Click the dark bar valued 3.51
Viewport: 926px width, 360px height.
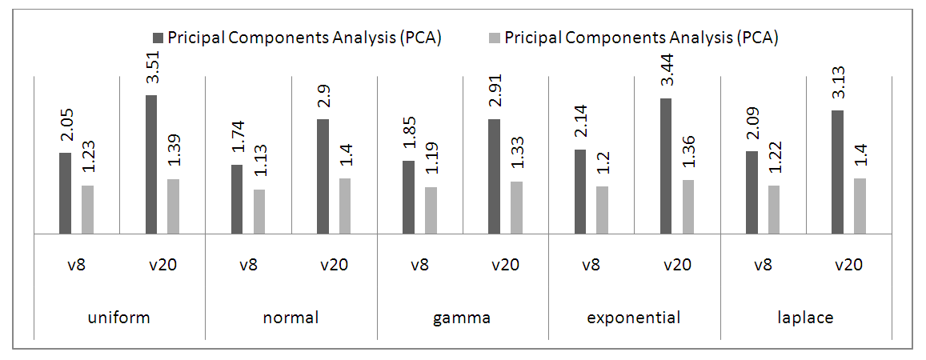click(x=151, y=164)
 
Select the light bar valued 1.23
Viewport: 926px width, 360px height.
click(x=88, y=210)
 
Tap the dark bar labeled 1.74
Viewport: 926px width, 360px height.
click(x=237, y=199)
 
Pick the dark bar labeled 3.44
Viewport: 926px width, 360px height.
click(x=666, y=166)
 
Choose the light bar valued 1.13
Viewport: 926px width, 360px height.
click(x=259, y=211)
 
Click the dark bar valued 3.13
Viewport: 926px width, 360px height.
click(x=837, y=172)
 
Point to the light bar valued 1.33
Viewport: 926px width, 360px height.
click(x=517, y=207)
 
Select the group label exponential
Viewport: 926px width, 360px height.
click(x=634, y=318)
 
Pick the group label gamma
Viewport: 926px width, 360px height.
click(x=462, y=318)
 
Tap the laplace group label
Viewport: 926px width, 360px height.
click(x=805, y=318)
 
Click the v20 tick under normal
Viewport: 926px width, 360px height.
click(x=334, y=265)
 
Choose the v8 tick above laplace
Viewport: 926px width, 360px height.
click(x=762, y=265)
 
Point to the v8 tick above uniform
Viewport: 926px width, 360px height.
click(x=76, y=265)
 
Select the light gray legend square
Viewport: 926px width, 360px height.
click(x=495, y=38)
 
